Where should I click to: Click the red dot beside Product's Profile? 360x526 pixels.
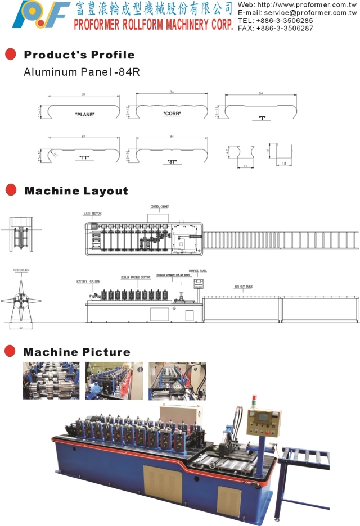pos(10,55)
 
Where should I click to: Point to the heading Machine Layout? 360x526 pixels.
pos(76,191)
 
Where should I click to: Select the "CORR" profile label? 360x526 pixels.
pos(172,114)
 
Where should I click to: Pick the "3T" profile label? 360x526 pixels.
pos(172,161)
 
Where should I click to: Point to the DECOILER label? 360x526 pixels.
pos(21,270)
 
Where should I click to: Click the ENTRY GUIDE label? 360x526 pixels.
pos(88,281)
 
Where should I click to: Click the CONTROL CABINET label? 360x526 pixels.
pos(159,207)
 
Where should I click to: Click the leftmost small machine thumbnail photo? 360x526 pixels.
pos(43,381)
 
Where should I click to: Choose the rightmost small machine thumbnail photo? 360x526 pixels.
pos(177,381)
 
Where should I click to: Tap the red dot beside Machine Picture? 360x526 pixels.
pos(10,352)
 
